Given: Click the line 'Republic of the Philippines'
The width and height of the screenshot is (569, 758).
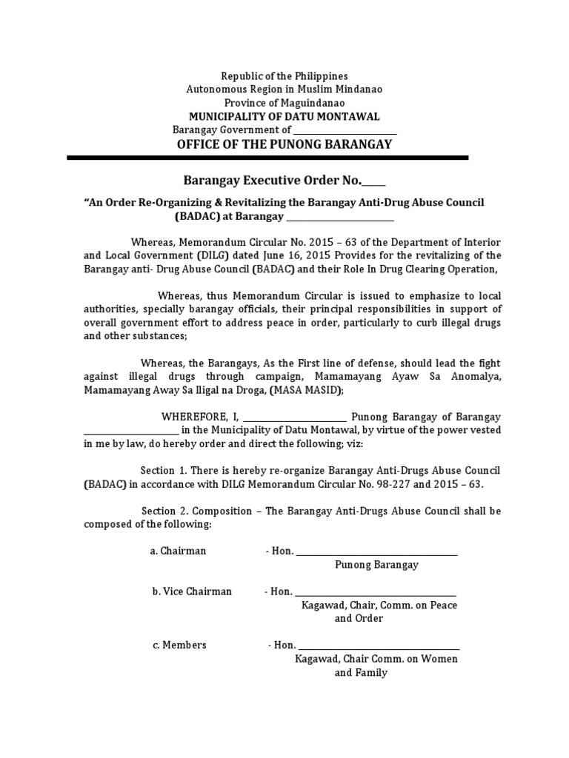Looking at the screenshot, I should (x=284, y=76).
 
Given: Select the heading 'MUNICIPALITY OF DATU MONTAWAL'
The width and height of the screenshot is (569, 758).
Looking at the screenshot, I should (x=284, y=116).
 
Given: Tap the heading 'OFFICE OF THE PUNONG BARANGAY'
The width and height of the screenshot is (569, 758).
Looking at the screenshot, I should (x=284, y=144).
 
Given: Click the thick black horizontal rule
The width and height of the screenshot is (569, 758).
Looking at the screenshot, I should (x=267, y=158).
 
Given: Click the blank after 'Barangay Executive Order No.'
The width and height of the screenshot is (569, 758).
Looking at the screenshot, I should (x=374, y=182).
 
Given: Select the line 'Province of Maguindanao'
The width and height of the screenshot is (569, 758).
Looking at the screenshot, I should (x=284, y=103).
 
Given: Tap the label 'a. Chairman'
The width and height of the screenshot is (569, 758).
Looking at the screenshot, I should (x=178, y=551).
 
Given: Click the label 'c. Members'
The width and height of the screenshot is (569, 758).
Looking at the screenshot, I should (x=179, y=645).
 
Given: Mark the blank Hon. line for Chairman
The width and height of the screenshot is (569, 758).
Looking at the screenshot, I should (x=376, y=552).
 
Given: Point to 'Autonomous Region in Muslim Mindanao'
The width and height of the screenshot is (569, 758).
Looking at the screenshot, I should (x=284, y=90).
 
